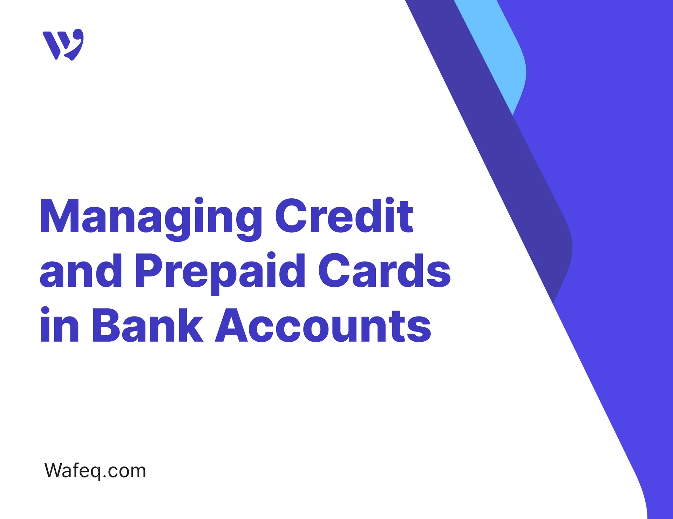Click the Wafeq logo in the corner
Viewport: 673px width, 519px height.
(63, 45)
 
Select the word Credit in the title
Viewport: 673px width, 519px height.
(344, 216)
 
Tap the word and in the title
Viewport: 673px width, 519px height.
(81, 271)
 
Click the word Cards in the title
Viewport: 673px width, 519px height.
(384, 271)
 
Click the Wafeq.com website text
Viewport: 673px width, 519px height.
(95, 471)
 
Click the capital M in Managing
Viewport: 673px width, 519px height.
(60, 217)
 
